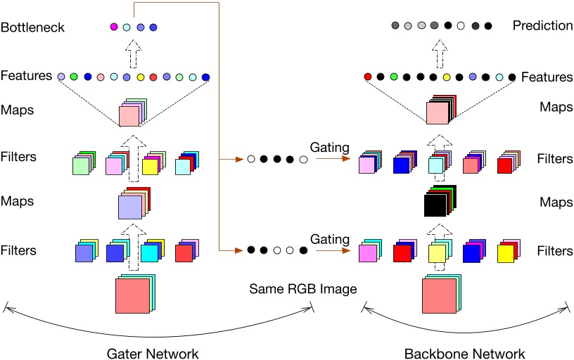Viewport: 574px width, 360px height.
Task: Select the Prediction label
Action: [x=542, y=26]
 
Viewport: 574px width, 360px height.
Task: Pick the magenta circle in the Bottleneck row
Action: [x=113, y=27]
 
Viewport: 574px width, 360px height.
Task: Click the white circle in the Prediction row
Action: [x=461, y=26]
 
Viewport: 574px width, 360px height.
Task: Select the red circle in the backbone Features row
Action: [x=367, y=77]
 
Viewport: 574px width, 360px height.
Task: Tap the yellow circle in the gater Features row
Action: [x=140, y=77]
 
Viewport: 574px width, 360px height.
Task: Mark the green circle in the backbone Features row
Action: [x=394, y=77]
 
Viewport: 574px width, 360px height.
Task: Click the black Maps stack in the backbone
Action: [x=438, y=205]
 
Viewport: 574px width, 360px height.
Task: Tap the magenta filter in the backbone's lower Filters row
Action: [x=367, y=253]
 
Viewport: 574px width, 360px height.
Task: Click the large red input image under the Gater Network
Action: [x=132, y=295]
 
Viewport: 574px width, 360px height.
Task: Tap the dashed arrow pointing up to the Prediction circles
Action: [x=440, y=51]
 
